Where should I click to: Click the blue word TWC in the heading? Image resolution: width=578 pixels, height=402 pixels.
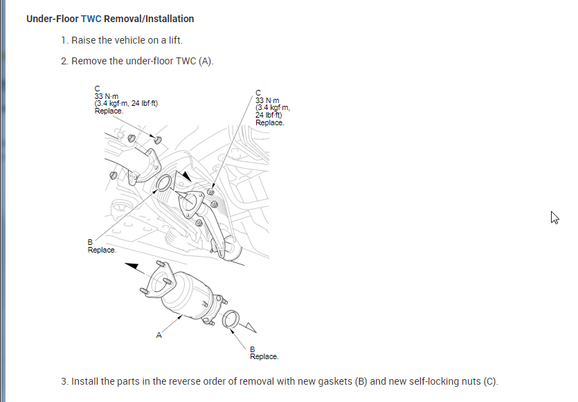(91, 19)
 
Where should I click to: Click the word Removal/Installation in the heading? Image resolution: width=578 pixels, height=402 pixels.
(149, 19)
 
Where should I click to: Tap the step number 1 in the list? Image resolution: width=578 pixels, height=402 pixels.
(64, 40)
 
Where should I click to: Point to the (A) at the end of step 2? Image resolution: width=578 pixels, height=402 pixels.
(206, 61)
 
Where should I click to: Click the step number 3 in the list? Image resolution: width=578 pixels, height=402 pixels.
(64, 381)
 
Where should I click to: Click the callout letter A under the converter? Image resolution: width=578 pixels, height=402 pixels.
(159, 336)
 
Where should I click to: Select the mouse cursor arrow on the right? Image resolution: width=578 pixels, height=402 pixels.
(554, 217)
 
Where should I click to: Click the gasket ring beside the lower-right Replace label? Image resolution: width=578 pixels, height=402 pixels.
(231, 319)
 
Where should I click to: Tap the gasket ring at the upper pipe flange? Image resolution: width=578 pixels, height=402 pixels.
(165, 184)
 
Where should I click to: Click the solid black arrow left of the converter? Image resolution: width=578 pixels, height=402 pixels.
(136, 266)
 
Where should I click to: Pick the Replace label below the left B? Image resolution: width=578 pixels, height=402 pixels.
(102, 250)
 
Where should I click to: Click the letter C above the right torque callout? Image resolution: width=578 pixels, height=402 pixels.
(258, 92)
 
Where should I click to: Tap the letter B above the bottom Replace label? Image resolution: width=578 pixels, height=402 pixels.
(252, 349)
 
